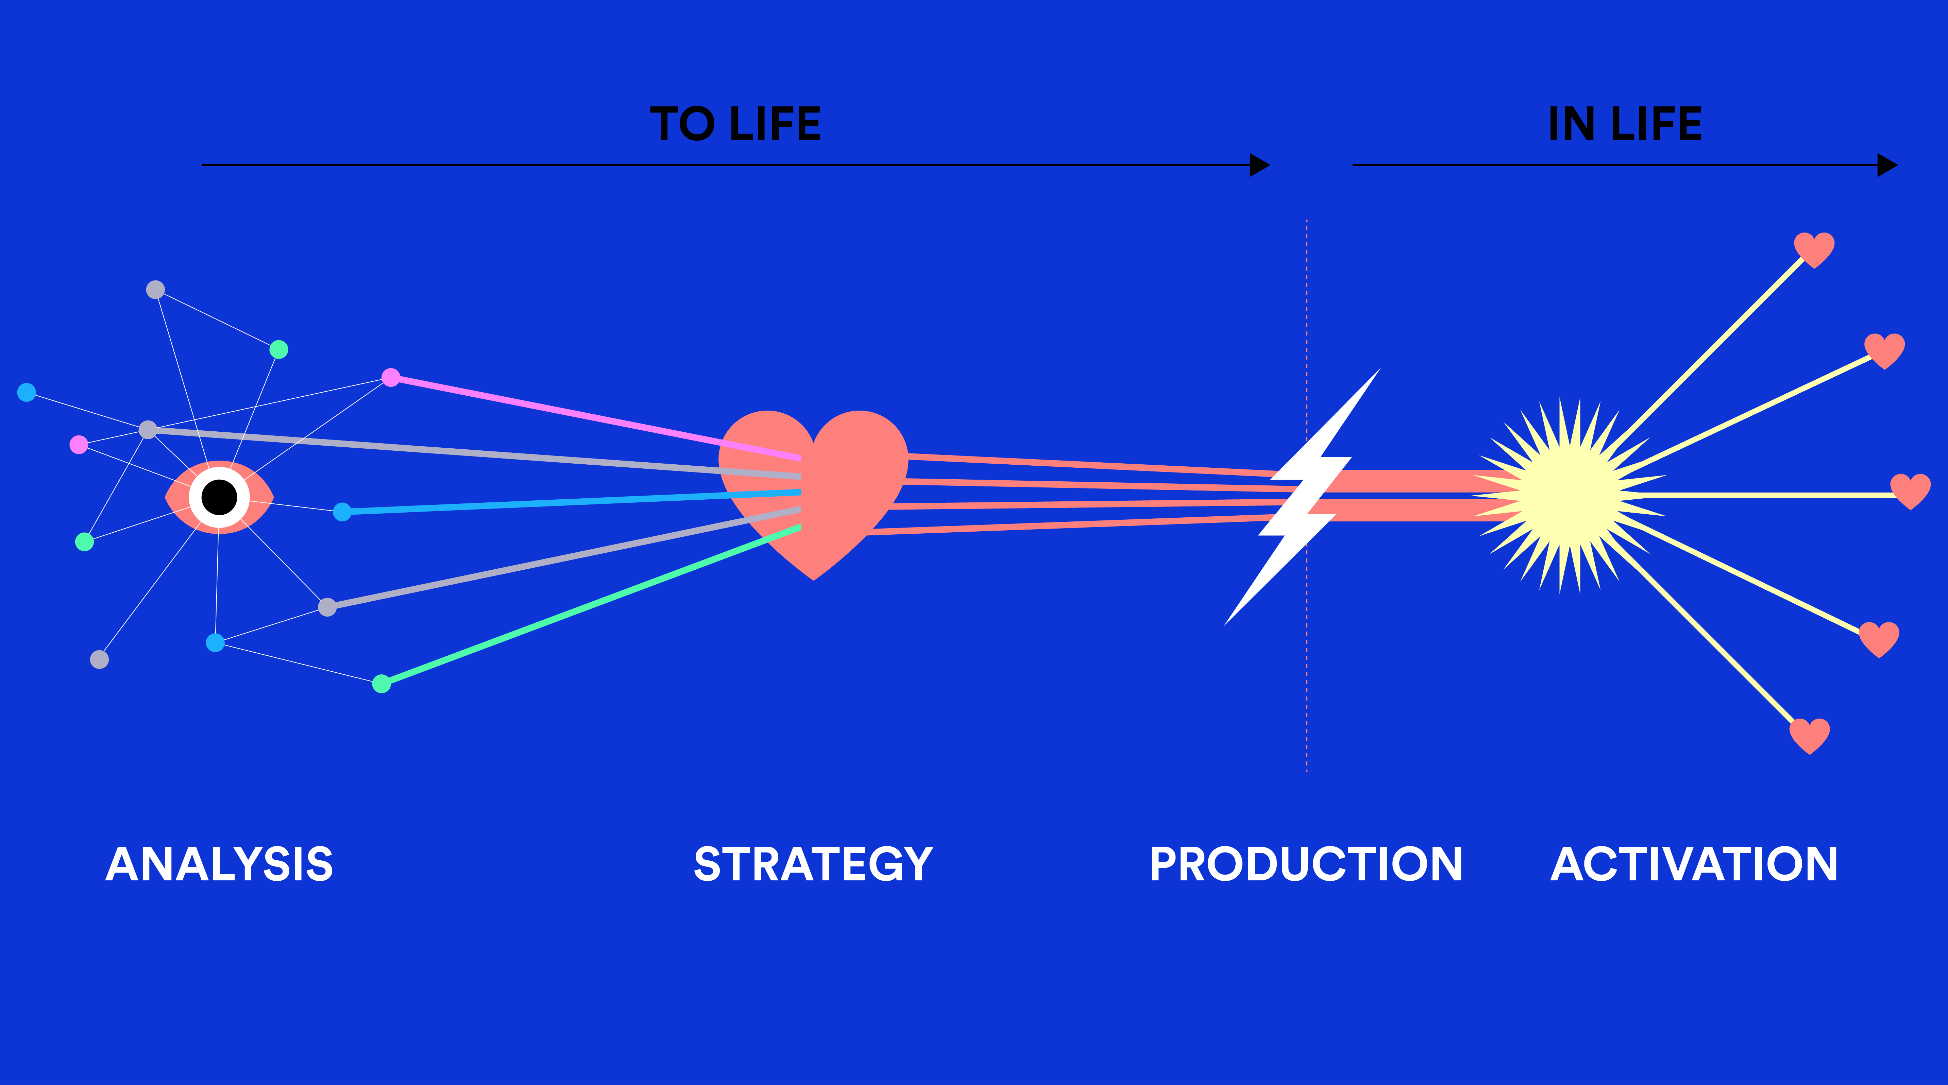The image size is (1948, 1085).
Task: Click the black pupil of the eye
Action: [x=219, y=497]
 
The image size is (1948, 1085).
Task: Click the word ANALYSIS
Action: [x=219, y=864]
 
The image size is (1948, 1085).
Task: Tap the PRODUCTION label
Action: [x=1306, y=864]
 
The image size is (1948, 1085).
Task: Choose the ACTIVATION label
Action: [x=1694, y=864]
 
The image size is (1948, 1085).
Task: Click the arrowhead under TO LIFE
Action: [x=1259, y=165]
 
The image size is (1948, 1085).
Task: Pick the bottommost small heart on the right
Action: [x=1810, y=735]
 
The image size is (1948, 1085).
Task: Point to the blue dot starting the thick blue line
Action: [x=342, y=512]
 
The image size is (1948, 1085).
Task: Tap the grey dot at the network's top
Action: [x=155, y=290]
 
